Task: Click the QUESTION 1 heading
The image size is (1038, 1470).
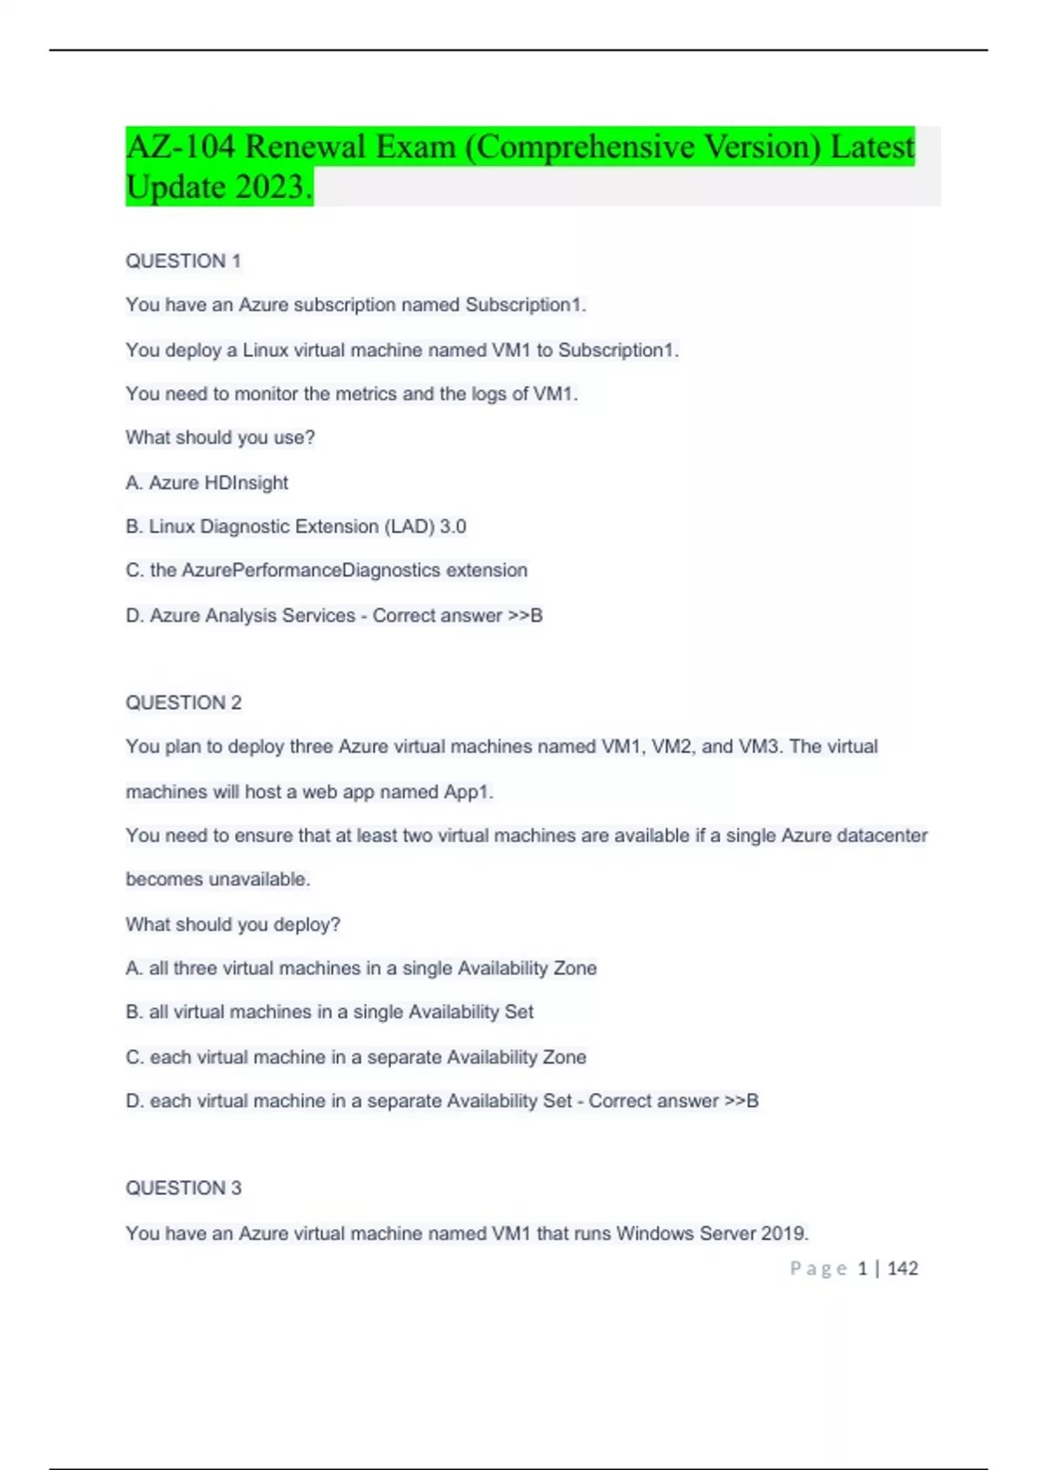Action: [x=183, y=261]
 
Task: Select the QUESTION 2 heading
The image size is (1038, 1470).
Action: [x=183, y=703]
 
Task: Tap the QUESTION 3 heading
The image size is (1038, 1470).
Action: [x=183, y=1188]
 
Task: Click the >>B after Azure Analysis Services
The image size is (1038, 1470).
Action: [x=525, y=616]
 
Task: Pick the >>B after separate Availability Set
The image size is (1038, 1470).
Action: [x=741, y=1101]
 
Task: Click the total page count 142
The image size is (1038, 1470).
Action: [x=902, y=1269]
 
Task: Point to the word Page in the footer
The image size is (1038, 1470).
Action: [x=817, y=1269]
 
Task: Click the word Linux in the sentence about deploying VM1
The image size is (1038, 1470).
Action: [x=265, y=350]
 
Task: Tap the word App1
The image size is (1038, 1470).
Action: [x=468, y=792]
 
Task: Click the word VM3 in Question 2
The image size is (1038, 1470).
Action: [x=759, y=746]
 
